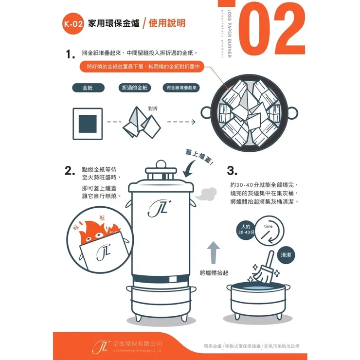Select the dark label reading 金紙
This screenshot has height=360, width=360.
[88, 88]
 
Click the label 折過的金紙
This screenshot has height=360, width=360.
[134, 88]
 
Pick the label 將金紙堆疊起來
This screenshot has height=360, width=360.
[180, 88]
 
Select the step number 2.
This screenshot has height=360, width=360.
[70, 171]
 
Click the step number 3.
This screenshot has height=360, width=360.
[232, 171]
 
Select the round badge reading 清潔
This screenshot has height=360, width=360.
[287, 255]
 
